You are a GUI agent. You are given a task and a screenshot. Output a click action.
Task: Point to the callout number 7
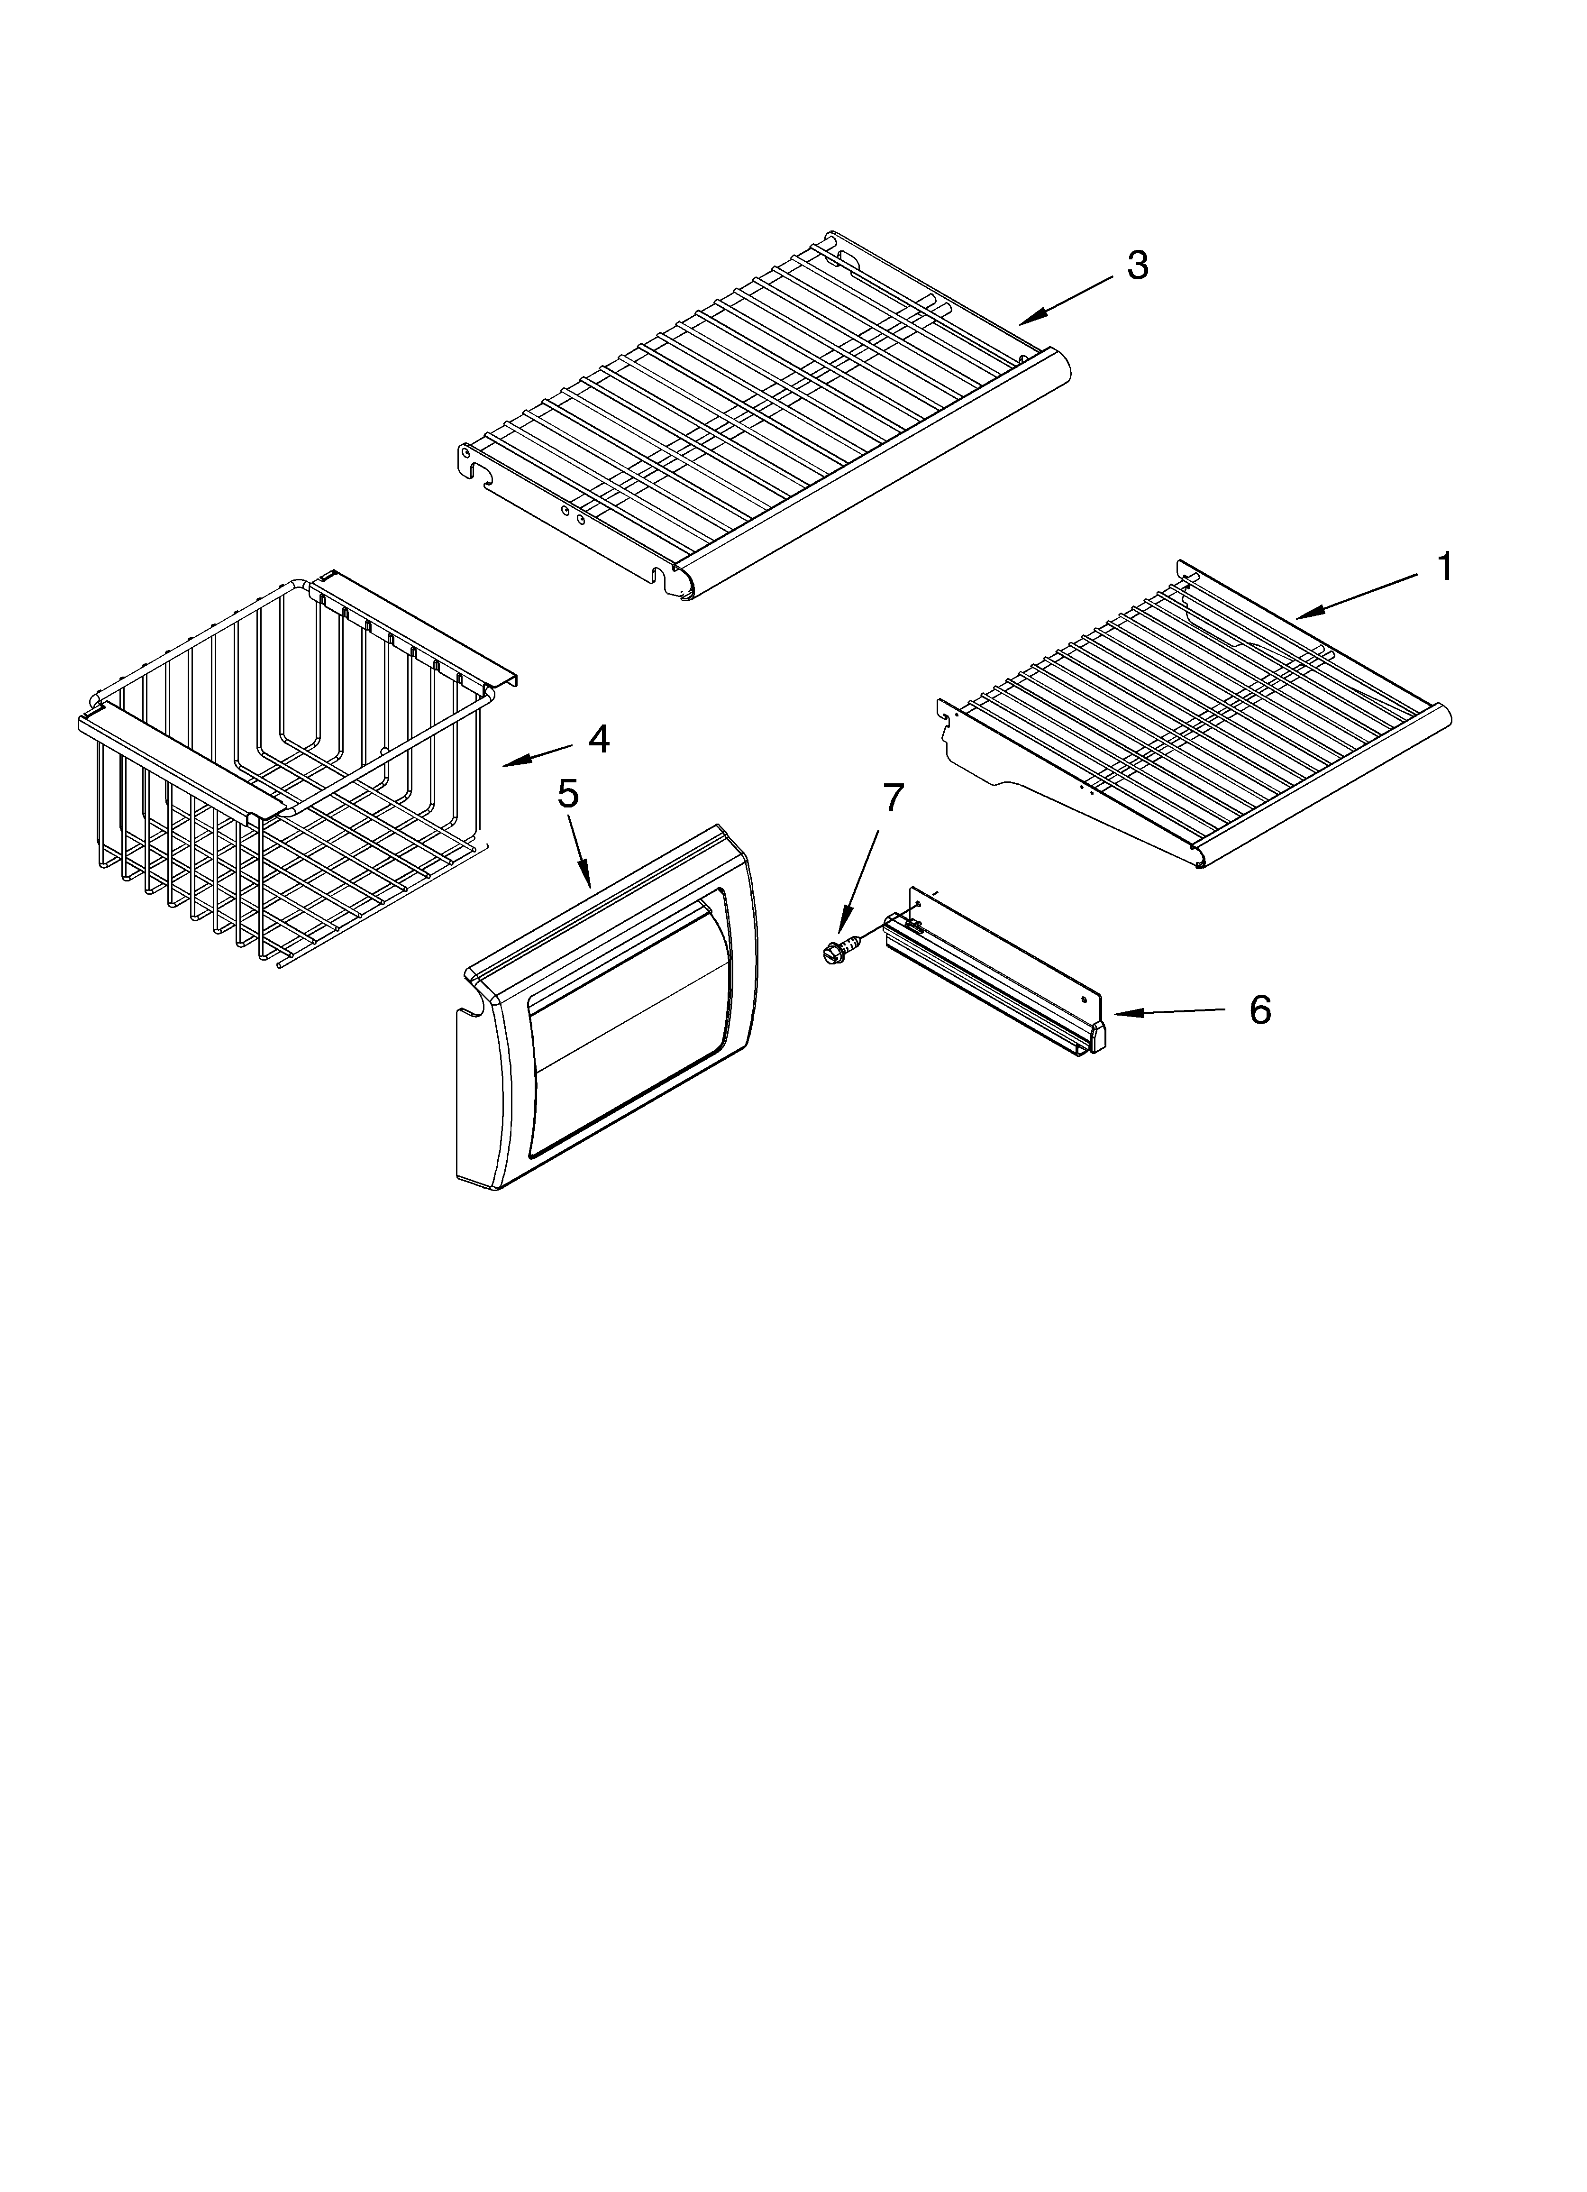click(x=892, y=798)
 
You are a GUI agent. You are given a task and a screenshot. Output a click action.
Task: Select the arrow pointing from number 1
click(x=1353, y=595)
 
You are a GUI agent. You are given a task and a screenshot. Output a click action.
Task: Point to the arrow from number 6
click(x=1169, y=1012)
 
